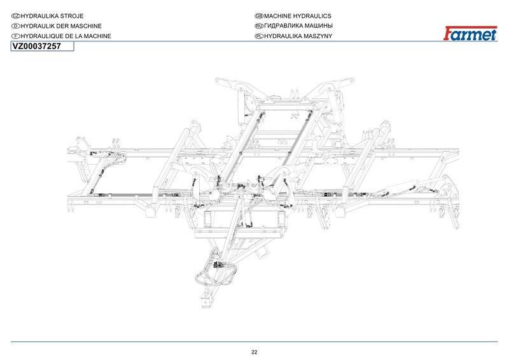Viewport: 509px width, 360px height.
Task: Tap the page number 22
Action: pos(254,352)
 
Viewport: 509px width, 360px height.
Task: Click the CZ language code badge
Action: pos(17,15)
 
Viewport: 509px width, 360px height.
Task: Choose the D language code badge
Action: pos(17,25)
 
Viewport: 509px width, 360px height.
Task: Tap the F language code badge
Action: pos(17,36)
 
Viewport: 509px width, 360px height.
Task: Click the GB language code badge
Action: pos(258,15)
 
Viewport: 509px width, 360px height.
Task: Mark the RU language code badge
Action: pos(258,25)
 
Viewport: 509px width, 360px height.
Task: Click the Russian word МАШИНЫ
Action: pos(316,25)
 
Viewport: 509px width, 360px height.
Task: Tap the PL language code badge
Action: pos(258,36)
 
